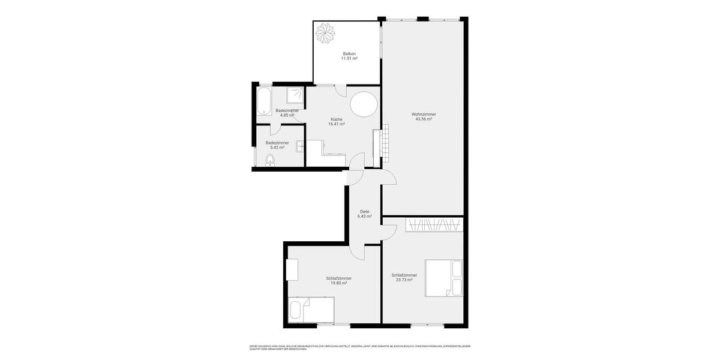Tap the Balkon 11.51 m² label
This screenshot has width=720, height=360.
tap(349, 56)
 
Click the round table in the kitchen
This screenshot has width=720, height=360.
tap(364, 105)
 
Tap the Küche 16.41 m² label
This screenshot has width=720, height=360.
tap(336, 122)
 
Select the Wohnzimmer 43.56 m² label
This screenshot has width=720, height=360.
tap(424, 116)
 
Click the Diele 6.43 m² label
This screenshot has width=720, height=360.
tap(365, 214)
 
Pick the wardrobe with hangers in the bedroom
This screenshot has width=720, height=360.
tap(434, 225)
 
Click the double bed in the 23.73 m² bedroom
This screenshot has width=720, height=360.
tap(443, 278)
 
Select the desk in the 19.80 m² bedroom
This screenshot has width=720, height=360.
tap(292, 269)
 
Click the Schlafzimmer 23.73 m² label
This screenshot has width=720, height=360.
tap(404, 277)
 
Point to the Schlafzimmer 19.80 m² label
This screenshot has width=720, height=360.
tap(339, 280)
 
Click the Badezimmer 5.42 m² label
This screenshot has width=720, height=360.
tap(277, 145)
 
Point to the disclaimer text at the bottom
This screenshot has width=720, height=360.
tap(360, 347)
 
